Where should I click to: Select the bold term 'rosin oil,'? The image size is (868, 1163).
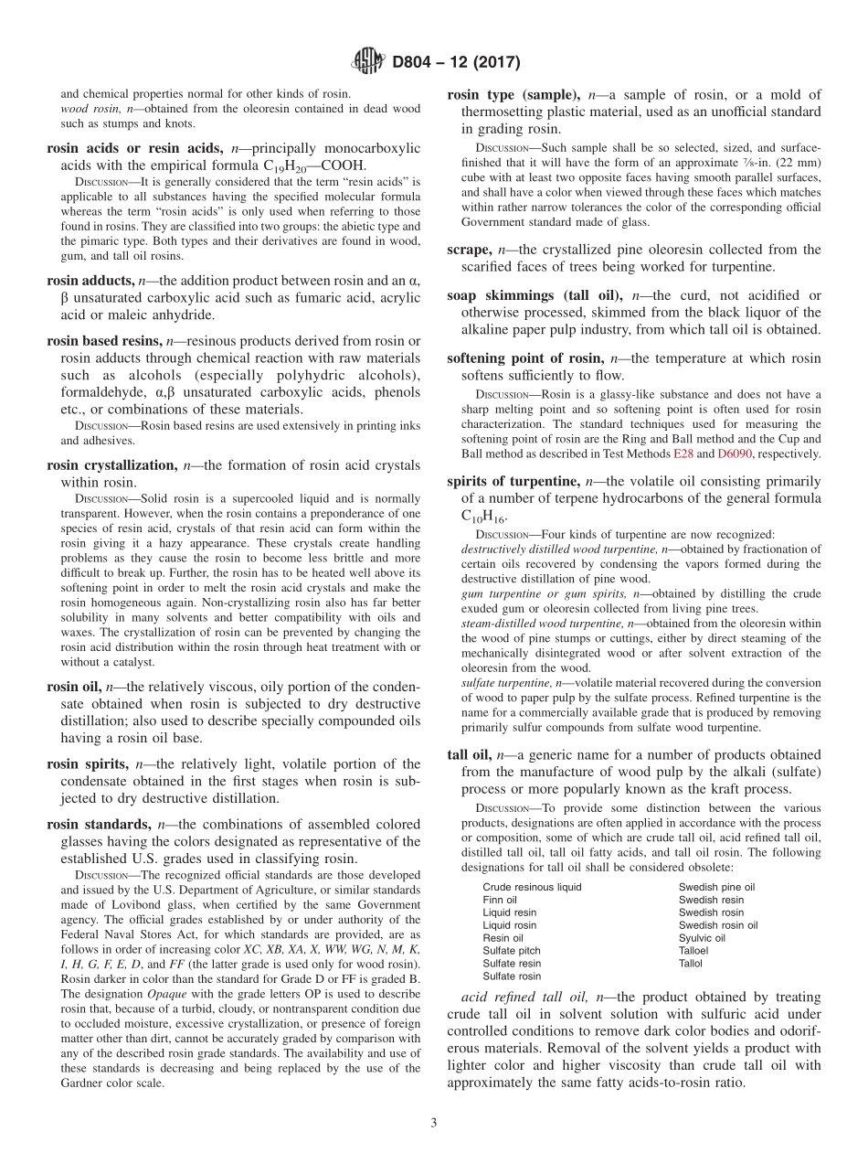click(x=75, y=686)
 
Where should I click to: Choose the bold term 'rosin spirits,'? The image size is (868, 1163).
click(x=88, y=763)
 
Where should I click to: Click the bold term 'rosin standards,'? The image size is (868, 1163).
click(x=99, y=824)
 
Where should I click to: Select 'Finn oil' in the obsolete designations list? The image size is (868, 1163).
click(x=500, y=900)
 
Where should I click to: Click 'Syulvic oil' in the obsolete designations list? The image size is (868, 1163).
click(x=702, y=938)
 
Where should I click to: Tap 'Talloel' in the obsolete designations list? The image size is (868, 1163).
click(x=693, y=951)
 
